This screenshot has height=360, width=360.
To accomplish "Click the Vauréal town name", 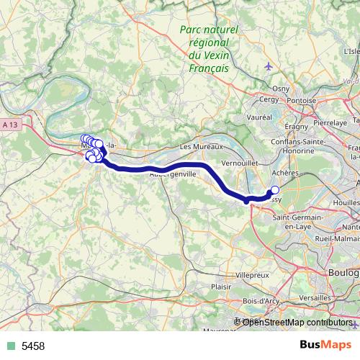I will (258, 116).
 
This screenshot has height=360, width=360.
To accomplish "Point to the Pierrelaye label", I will (331, 123).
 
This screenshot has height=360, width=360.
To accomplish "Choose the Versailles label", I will (317, 297).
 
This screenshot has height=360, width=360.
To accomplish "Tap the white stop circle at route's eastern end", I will (274, 191).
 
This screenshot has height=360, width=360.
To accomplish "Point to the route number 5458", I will (33, 346).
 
